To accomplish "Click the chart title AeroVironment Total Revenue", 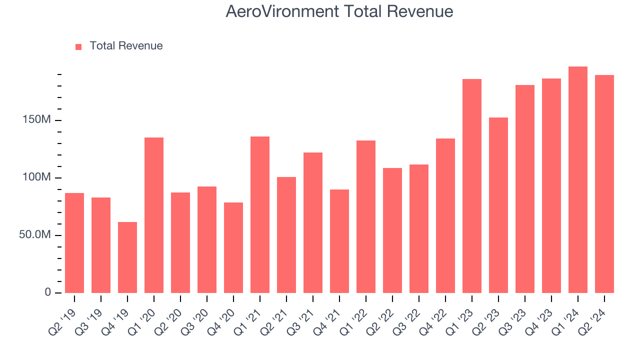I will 339,11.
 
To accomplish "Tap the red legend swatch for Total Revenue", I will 78,46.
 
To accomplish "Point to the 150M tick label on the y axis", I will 36,120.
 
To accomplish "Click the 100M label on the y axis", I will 36,178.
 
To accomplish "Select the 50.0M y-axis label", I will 34,235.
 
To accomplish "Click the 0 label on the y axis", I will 48,292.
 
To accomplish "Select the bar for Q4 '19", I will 127,257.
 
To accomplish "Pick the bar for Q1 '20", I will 154,215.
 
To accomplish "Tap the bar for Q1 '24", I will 578,180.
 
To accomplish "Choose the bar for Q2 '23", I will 498,205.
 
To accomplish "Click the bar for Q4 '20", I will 233,247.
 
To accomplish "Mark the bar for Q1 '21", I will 260,215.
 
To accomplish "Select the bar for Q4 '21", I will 339,241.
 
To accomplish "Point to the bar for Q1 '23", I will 472,186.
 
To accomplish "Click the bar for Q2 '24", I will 604,184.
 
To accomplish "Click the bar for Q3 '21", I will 313,222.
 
